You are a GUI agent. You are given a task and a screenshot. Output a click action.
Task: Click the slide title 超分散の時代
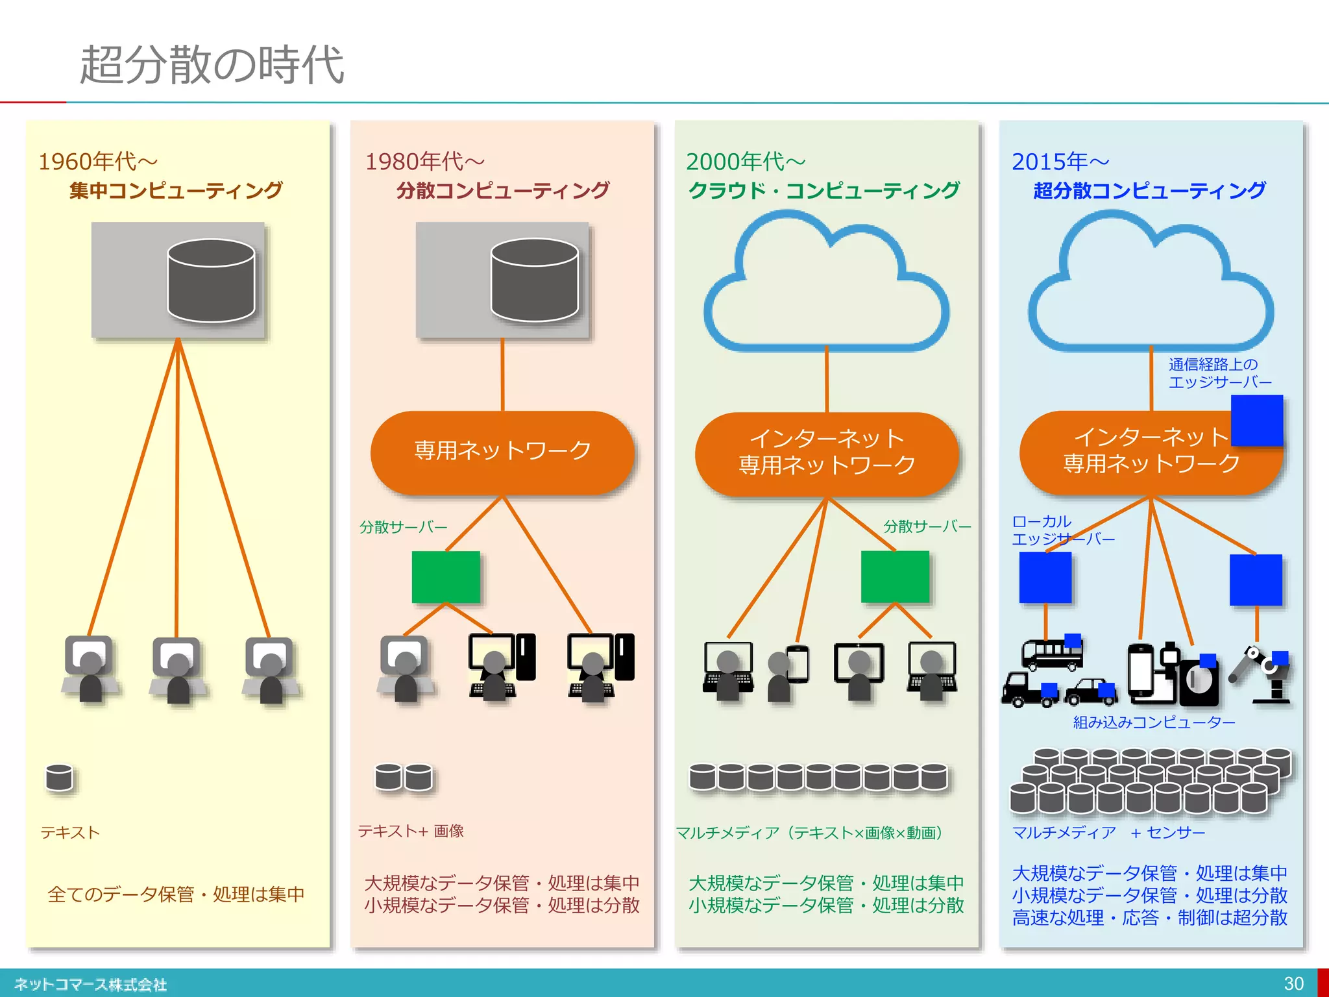[x=212, y=65]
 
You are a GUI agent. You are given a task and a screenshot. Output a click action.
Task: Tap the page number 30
[x=1293, y=983]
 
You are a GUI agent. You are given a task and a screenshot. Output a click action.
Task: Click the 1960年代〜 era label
[x=98, y=161]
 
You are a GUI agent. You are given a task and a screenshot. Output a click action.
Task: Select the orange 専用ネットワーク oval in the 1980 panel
[x=502, y=452]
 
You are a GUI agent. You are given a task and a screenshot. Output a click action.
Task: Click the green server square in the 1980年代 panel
[x=446, y=577]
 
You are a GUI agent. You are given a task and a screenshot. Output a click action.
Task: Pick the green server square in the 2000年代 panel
[x=895, y=577]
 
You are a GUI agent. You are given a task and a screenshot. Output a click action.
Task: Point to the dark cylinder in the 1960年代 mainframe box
[x=211, y=280]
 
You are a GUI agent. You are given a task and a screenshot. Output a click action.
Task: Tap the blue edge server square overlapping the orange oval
[x=1256, y=419]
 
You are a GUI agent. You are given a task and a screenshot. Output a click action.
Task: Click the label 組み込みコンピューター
[x=1154, y=722]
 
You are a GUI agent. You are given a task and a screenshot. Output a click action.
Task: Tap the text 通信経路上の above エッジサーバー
[x=1212, y=365]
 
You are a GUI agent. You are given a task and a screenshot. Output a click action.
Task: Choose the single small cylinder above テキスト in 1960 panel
[x=59, y=777]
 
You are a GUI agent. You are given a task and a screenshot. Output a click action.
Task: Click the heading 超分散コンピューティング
[x=1149, y=191]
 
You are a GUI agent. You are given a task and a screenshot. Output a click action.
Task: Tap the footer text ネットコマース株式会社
[x=90, y=985]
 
